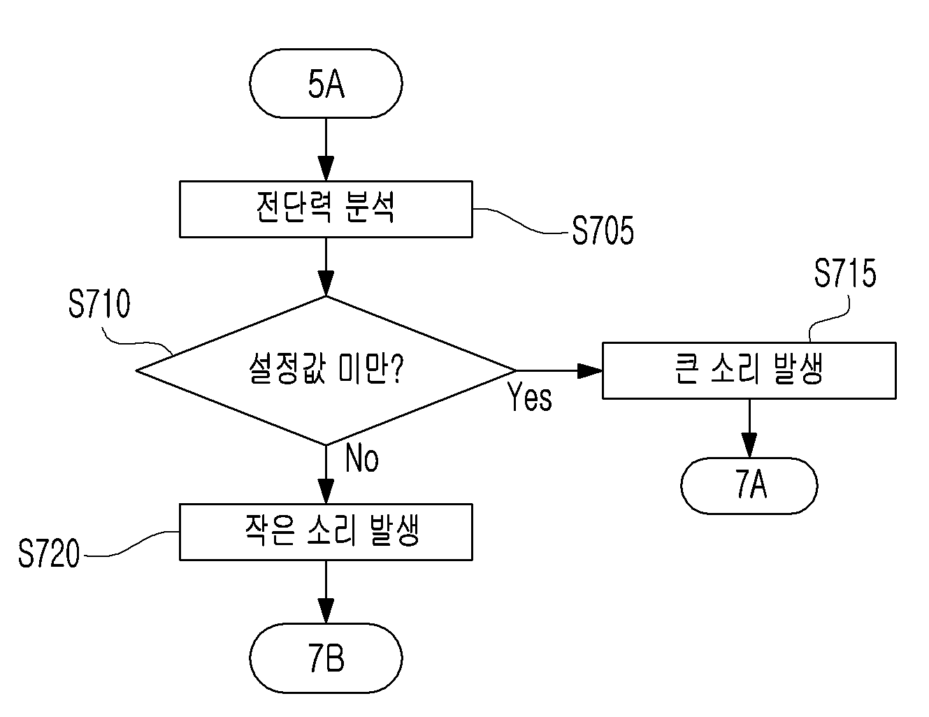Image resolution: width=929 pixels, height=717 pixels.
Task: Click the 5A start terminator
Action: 326,83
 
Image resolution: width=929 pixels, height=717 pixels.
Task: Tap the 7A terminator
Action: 749,486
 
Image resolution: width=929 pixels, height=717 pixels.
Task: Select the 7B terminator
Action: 326,658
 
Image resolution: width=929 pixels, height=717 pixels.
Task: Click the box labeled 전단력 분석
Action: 326,209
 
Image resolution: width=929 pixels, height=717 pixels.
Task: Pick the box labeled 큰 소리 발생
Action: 749,370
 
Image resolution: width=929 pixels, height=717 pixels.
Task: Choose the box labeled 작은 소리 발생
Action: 326,532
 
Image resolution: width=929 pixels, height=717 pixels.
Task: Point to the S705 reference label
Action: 603,231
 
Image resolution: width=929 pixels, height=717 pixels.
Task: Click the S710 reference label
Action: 99,303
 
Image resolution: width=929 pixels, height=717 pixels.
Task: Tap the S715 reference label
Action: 845,273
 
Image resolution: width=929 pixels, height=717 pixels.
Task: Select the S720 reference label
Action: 49,553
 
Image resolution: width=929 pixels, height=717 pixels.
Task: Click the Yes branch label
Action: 530,397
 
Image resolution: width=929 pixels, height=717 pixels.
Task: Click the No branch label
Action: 361,458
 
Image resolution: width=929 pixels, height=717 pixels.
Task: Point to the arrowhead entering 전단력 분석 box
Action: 326,169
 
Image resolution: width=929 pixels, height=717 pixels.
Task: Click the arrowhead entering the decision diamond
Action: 326,284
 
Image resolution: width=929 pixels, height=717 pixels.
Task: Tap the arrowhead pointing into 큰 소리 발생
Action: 590,370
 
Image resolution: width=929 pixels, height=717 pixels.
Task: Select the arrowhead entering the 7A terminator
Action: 749,446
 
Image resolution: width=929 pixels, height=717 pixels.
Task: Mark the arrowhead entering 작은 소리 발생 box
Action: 326,492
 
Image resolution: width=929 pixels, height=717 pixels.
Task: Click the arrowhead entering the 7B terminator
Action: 326,611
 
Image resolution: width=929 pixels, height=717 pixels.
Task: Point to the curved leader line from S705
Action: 521,221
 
